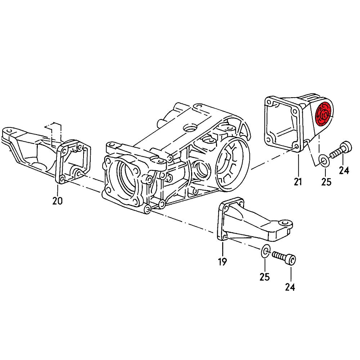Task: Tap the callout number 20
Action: coord(58,201)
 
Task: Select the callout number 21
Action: coord(298,182)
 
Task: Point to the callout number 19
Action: coord(222,262)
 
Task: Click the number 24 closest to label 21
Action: coord(344,170)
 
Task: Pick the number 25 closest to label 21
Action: coord(326,182)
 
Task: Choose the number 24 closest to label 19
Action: coord(290,287)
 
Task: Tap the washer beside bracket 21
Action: coord(323,159)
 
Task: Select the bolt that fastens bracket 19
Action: coord(284,258)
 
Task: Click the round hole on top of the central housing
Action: coord(189,127)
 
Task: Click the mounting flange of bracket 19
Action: coord(225,221)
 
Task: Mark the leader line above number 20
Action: coord(58,189)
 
